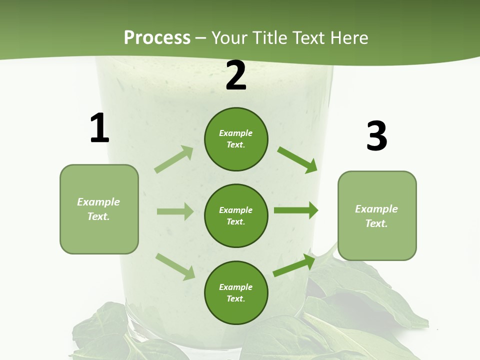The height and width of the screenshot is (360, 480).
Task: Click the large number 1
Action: pyautogui.click(x=99, y=128)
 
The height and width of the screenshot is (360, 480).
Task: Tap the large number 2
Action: pyautogui.click(x=236, y=75)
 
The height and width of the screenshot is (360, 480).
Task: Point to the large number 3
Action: pyautogui.click(x=376, y=136)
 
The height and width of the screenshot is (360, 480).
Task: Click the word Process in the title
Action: pyautogui.click(x=157, y=37)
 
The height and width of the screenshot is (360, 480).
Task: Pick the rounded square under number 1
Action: pyautogui.click(x=99, y=209)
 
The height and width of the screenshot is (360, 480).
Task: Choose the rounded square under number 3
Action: pyautogui.click(x=377, y=215)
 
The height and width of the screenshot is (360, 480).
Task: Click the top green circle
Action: pyautogui.click(x=236, y=139)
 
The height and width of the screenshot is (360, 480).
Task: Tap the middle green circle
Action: pyautogui.click(x=236, y=215)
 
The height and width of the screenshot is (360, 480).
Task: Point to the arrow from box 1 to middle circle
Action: pyautogui.click(x=175, y=211)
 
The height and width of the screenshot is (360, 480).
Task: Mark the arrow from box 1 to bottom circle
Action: pyautogui.click(x=175, y=266)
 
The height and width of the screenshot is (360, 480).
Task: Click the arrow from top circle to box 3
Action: pyautogui.click(x=297, y=159)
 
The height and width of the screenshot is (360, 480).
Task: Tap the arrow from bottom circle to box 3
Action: pyautogui.click(x=294, y=265)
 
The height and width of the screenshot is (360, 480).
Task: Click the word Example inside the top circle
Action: pyautogui.click(x=236, y=133)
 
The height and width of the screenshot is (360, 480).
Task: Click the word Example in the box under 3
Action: pyautogui.click(x=376, y=209)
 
